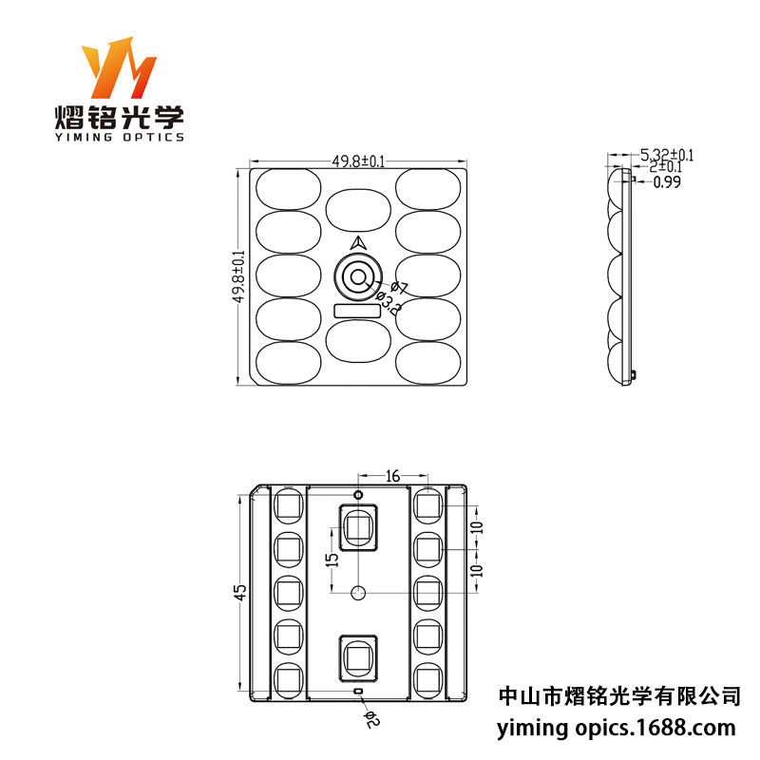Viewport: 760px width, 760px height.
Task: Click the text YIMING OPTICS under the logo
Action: point(118,138)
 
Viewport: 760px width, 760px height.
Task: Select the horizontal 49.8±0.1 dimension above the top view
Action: point(358,161)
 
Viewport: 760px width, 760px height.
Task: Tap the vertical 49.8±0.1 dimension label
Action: point(238,276)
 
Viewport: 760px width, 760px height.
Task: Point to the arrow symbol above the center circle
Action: point(359,244)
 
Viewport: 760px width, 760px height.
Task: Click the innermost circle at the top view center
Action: point(359,277)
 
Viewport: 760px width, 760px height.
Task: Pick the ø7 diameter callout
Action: point(399,287)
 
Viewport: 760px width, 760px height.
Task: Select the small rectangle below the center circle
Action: point(358,311)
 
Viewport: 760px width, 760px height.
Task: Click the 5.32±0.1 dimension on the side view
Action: point(668,154)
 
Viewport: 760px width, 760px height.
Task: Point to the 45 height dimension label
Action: point(241,591)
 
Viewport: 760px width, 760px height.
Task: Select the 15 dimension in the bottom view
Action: point(331,561)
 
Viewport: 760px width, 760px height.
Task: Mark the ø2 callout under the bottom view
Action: point(371,720)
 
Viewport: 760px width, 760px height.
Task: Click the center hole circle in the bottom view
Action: point(358,592)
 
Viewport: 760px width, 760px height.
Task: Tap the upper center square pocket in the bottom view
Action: point(359,526)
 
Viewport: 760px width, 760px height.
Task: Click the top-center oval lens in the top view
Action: point(359,208)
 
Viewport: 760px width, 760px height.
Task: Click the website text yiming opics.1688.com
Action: point(617,729)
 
